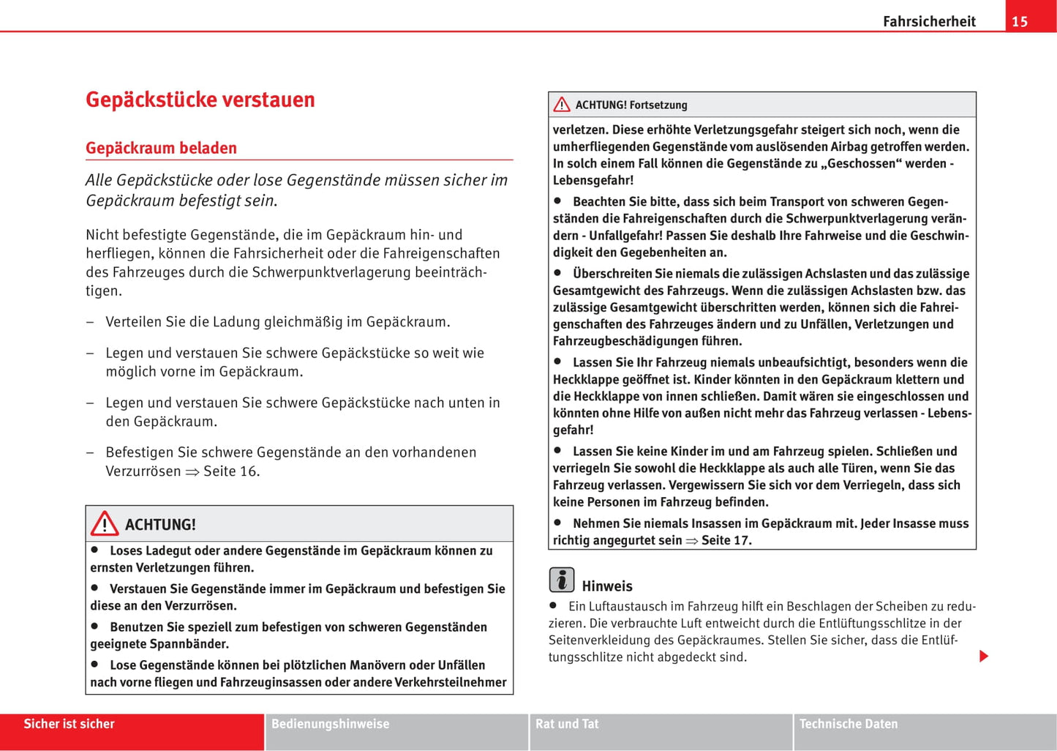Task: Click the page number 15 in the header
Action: [x=1020, y=21]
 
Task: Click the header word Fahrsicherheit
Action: [x=929, y=21]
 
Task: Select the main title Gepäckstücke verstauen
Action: [x=200, y=100]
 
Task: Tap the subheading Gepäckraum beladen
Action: [x=161, y=148]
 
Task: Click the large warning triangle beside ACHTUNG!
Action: [x=105, y=523]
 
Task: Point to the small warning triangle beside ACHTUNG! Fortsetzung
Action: [x=562, y=105]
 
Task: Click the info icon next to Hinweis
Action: [x=562, y=580]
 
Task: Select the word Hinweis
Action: [x=607, y=586]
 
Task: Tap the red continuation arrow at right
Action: [x=984, y=656]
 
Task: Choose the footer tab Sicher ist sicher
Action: [x=69, y=724]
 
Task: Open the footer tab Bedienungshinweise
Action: [x=331, y=724]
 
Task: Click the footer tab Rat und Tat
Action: [x=567, y=724]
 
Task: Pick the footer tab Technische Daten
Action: [x=849, y=724]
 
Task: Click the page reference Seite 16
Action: [x=230, y=471]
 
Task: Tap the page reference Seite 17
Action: [x=726, y=540]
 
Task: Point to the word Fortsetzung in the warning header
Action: [x=658, y=105]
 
